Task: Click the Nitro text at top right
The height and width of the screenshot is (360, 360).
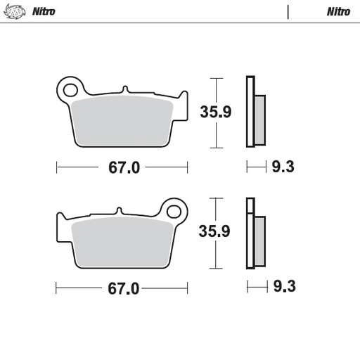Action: [337, 12]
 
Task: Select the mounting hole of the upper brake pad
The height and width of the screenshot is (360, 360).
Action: [70, 89]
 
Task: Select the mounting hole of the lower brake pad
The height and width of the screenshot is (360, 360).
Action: [174, 210]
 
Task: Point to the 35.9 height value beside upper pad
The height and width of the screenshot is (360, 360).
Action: [215, 112]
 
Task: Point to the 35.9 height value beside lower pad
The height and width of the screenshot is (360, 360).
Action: [215, 232]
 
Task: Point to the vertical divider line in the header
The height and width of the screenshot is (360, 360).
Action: [288, 12]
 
